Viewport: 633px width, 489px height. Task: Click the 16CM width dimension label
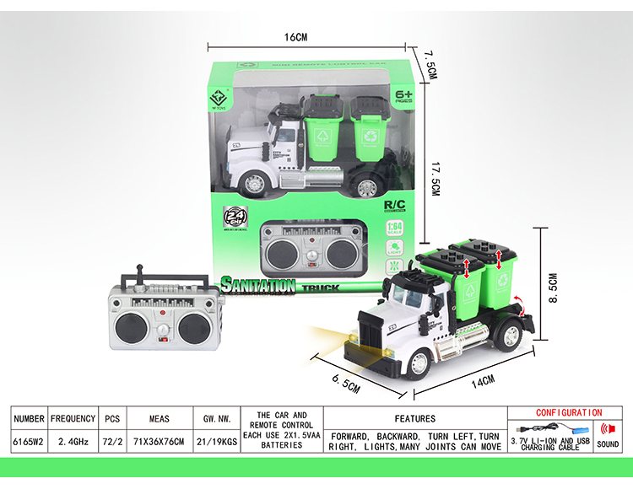point(295,37)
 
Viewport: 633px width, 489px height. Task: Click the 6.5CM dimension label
point(345,377)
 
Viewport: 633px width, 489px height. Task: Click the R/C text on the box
point(395,205)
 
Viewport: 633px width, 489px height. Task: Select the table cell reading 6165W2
point(29,440)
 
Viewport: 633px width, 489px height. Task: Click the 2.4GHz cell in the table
point(73,440)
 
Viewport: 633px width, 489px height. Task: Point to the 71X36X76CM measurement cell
point(160,440)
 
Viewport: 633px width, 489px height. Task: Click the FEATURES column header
point(414,418)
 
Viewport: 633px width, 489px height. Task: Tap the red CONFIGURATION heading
point(569,413)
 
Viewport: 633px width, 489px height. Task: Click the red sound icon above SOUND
point(606,428)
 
